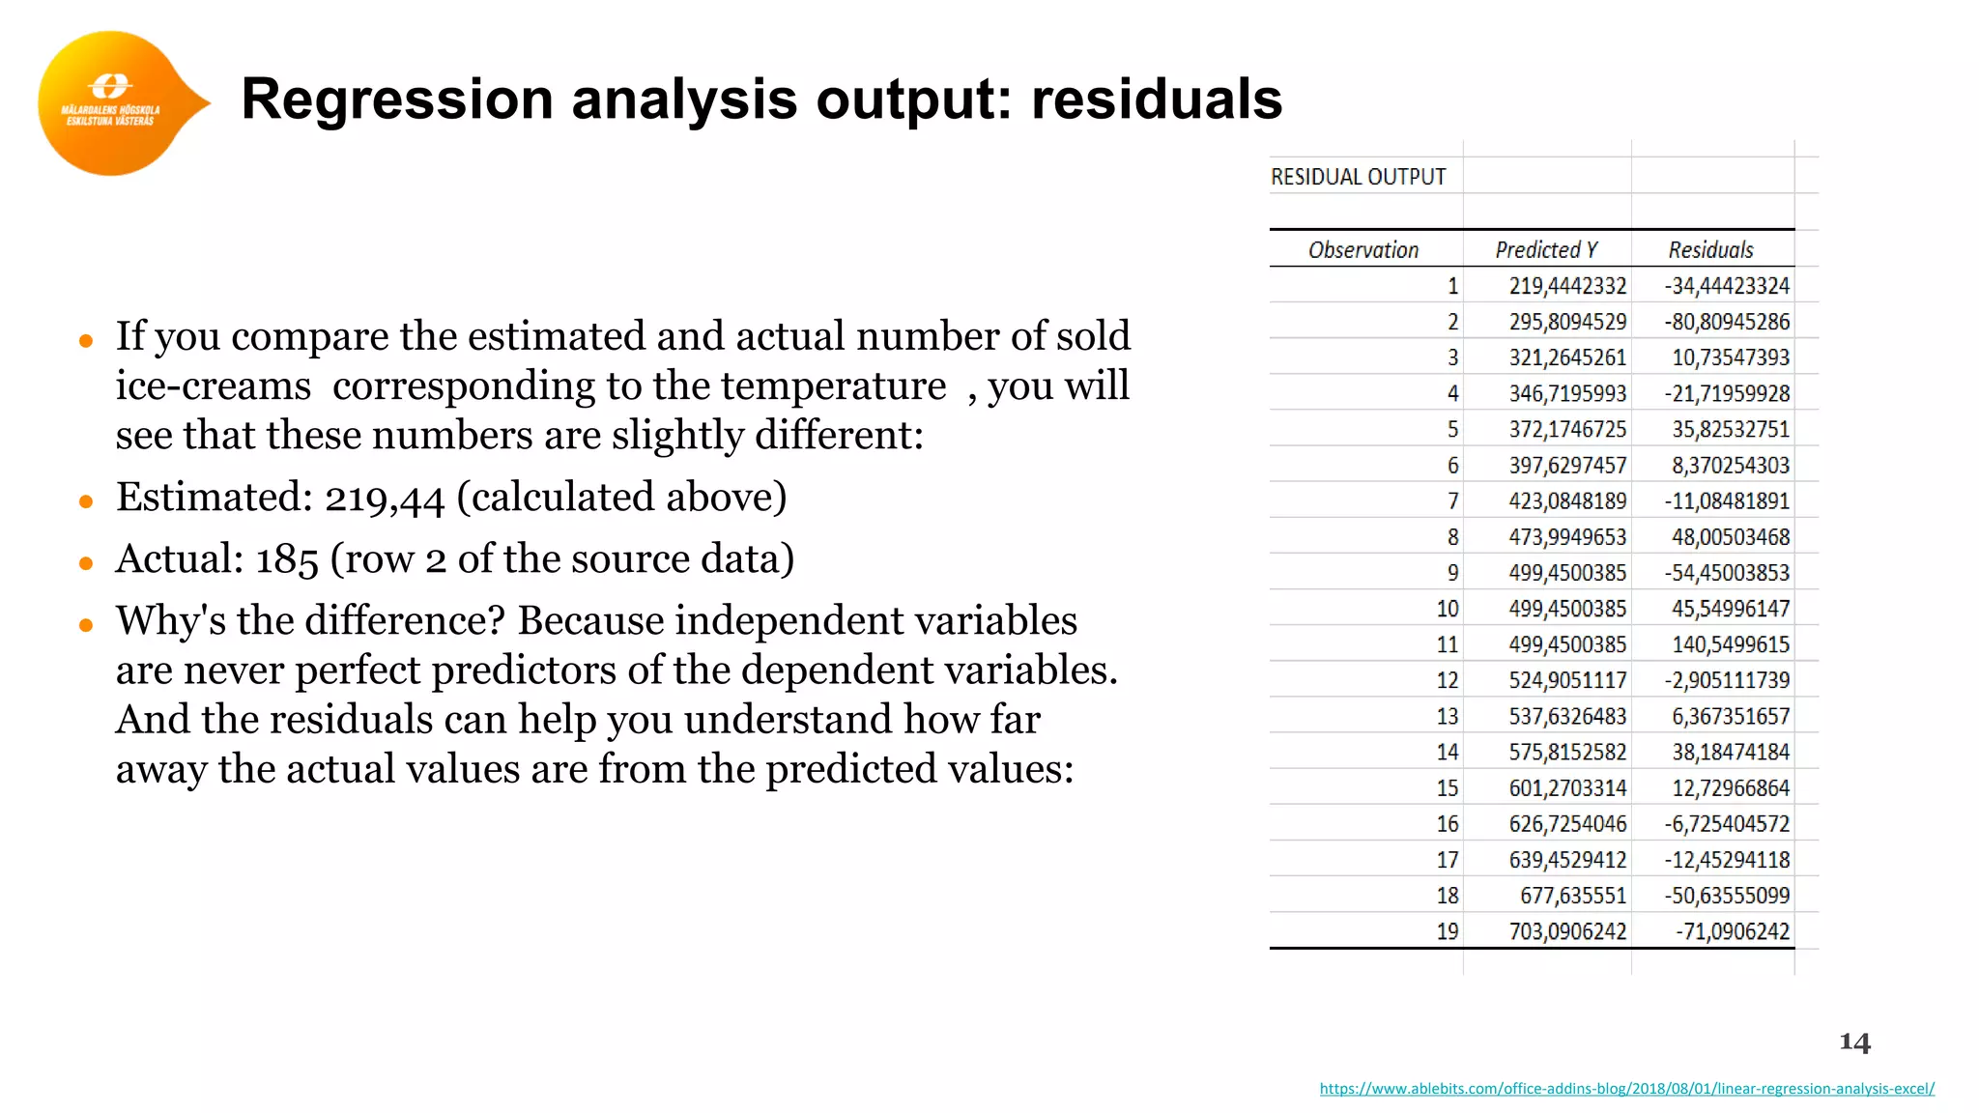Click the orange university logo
(x=112, y=103)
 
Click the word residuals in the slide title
(x=1157, y=100)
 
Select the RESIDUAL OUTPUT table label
(x=1358, y=178)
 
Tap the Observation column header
(x=1362, y=250)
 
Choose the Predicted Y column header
(x=1546, y=250)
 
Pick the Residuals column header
(x=1710, y=250)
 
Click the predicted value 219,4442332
(x=1567, y=286)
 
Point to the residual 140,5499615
(x=1731, y=644)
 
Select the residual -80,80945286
(x=1727, y=322)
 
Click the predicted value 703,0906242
(x=1567, y=931)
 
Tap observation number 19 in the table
(x=1447, y=931)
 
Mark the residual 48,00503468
(x=1731, y=537)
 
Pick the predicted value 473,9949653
(x=1567, y=537)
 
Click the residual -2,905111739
(x=1727, y=680)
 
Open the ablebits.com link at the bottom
(x=1626, y=1089)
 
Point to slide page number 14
(x=1854, y=1042)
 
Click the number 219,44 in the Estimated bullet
(x=384, y=499)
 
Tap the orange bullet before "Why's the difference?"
(x=86, y=625)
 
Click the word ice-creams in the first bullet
(x=214, y=386)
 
